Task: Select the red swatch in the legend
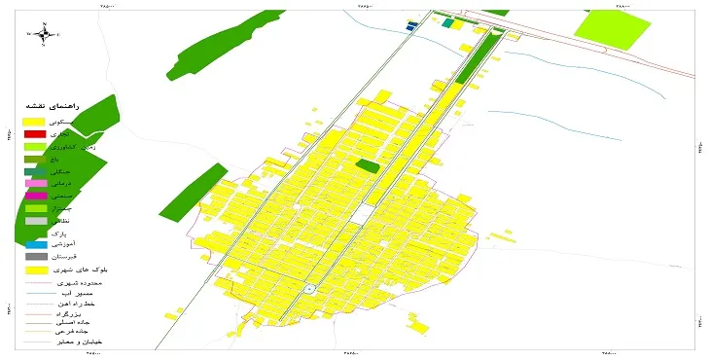[x=35, y=133]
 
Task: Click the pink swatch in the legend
[x=35, y=183]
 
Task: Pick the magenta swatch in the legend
[x=35, y=196]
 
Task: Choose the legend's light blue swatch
[x=35, y=244]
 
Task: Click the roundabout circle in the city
[x=309, y=289]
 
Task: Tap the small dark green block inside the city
[x=368, y=166]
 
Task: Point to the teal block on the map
[x=447, y=22]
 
